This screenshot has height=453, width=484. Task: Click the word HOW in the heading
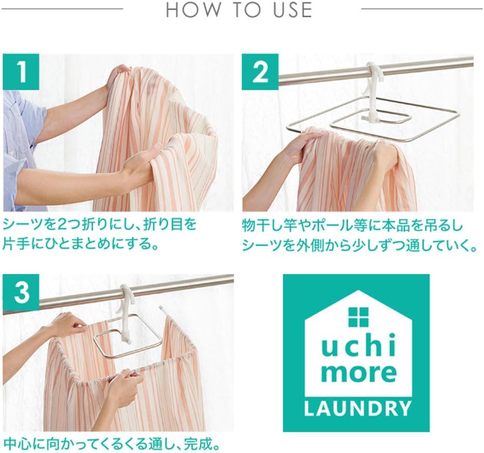(x=194, y=9)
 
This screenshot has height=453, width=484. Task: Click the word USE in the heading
(x=292, y=9)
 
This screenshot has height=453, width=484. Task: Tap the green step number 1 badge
(x=21, y=72)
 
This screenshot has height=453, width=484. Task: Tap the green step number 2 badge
(x=260, y=72)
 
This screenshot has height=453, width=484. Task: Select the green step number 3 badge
(x=21, y=292)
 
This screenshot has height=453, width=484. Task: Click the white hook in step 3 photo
(x=126, y=311)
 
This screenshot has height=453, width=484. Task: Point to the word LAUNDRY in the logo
(x=357, y=408)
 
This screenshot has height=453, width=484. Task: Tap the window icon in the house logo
(x=358, y=317)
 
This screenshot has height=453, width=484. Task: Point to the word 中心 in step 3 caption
(x=16, y=444)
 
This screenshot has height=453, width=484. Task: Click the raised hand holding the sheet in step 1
(x=119, y=76)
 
